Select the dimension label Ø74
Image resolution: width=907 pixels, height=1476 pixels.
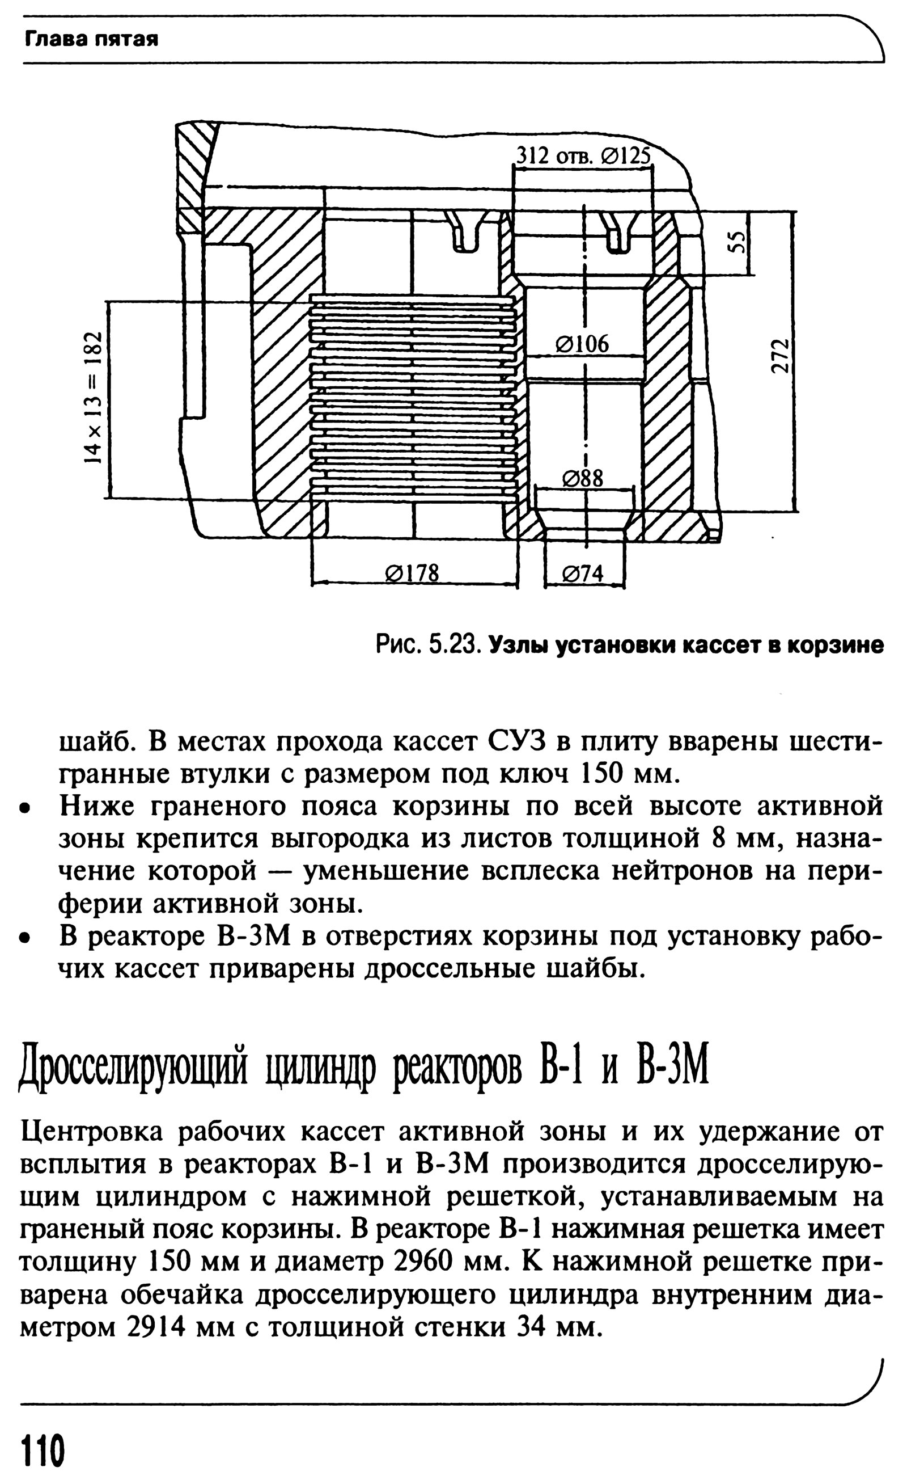pyautogui.click(x=583, y=574)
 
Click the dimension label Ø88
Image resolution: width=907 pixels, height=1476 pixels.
pyautogui.click(x=583, y=478)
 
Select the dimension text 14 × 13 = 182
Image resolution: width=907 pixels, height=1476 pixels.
pyautogui.click(x=92, y=397)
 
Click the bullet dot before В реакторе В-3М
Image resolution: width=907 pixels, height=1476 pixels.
pyautogui.click(x=24, y=938)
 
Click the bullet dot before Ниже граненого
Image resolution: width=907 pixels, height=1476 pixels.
pyautogui.click(x=24, y=808)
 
